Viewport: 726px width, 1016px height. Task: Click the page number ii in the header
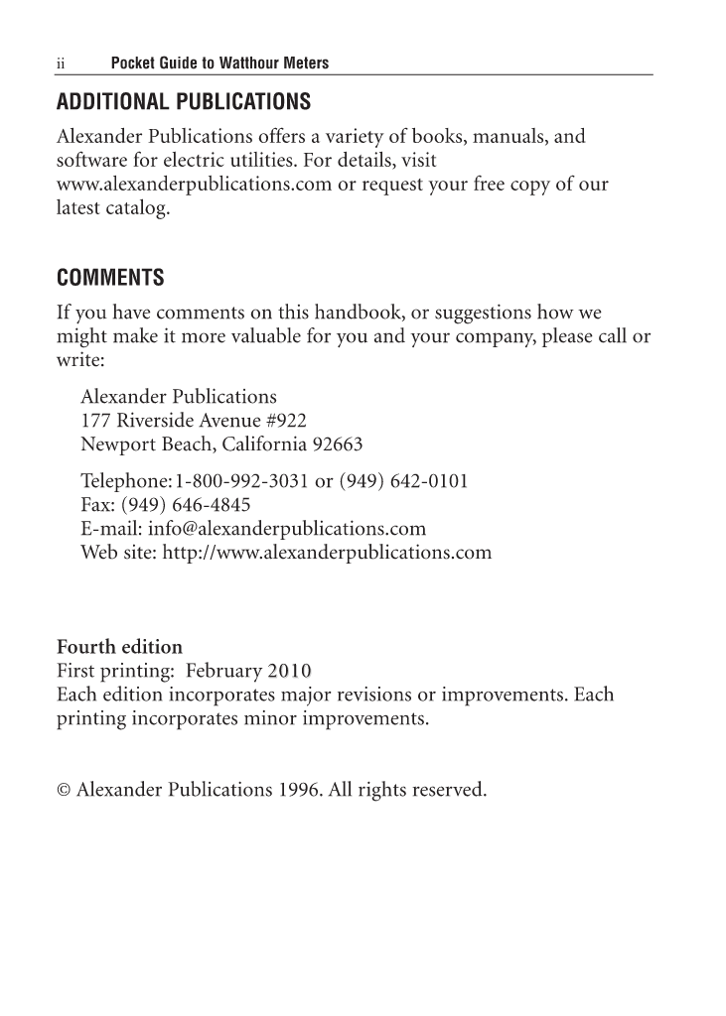point(60,63)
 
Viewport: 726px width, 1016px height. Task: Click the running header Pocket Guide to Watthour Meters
point(219,63)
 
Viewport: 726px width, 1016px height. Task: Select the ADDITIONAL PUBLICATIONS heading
point(184,102)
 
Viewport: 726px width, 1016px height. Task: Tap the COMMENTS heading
point(110,276)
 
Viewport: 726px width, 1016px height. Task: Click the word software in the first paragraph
point(91,160)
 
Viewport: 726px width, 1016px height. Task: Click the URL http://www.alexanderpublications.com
point(326,552)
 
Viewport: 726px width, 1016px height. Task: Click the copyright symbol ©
point(64,791)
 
